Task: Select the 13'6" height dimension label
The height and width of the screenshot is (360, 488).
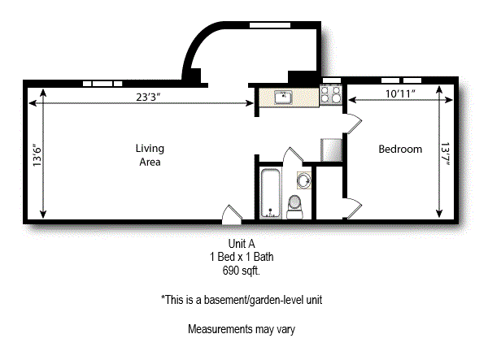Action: point(37,154)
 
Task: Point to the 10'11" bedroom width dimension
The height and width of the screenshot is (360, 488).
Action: point(401,94)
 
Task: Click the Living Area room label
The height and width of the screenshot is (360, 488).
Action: point(149,155)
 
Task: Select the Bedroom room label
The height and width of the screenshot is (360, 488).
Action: point(401,150)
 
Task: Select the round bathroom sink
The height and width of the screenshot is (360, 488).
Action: point(303,180)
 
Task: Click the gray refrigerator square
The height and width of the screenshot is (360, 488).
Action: point(332,150)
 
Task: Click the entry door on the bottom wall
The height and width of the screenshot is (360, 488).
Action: point(233,214)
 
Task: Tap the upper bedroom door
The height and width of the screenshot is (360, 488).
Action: point(351,124)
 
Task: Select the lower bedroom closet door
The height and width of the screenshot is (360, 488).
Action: point(351,209)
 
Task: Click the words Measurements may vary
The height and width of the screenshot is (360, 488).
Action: point(241,330)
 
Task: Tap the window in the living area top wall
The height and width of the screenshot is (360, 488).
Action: point(102,83)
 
